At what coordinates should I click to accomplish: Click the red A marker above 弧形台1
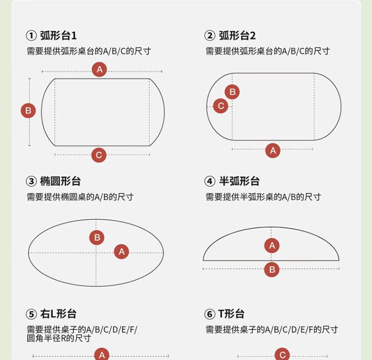(99, 69)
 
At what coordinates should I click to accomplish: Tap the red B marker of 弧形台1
(28, 111)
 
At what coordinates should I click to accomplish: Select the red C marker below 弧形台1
(99, 155)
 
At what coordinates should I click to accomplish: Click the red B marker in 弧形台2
(232, 92)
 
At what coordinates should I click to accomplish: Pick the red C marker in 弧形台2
(221, 106)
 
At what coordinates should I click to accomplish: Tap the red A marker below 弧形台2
(273, 150)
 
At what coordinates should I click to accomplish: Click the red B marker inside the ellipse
(97, 238)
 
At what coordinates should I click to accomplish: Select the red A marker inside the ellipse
(122, 251)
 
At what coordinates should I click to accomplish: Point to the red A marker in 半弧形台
(272, 245)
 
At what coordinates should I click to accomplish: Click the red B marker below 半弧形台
(272, 269)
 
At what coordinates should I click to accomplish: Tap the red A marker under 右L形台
(102, 355)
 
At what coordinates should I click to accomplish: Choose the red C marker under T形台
(282, 355)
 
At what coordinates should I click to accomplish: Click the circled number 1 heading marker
(31, 36)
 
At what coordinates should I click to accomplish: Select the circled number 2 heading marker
(210, 36)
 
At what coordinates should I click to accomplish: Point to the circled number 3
(31, 181)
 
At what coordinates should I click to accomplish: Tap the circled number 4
(210, 181)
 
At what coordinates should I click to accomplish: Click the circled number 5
(31, 314)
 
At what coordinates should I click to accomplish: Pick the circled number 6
(210, 314)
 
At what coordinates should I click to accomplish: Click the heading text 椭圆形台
(61, 181)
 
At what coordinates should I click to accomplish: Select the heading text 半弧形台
(239, 181)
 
